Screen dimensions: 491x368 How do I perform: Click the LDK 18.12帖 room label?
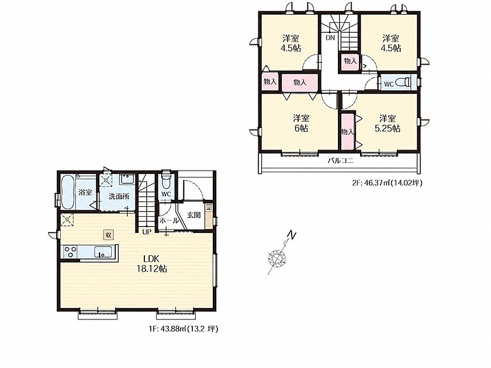152,264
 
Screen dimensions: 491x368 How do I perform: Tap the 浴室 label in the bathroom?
85,192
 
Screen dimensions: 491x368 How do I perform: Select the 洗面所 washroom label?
119,196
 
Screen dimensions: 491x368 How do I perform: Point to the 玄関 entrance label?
194,216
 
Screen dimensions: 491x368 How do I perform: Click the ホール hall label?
169,221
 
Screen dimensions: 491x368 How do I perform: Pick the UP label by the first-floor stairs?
147,232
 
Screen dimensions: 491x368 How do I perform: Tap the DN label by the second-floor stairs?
330,38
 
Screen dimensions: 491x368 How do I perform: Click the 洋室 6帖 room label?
301,123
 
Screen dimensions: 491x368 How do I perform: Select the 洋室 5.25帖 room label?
388,123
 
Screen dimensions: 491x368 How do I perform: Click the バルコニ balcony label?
340,161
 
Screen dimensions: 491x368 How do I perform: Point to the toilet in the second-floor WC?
403,83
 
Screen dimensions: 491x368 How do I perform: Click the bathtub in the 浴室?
68,192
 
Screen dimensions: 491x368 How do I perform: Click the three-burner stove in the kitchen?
71,252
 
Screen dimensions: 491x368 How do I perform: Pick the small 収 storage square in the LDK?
108,235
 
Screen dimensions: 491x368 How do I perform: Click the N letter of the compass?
292,235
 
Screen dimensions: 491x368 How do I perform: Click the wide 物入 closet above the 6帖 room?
300,82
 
